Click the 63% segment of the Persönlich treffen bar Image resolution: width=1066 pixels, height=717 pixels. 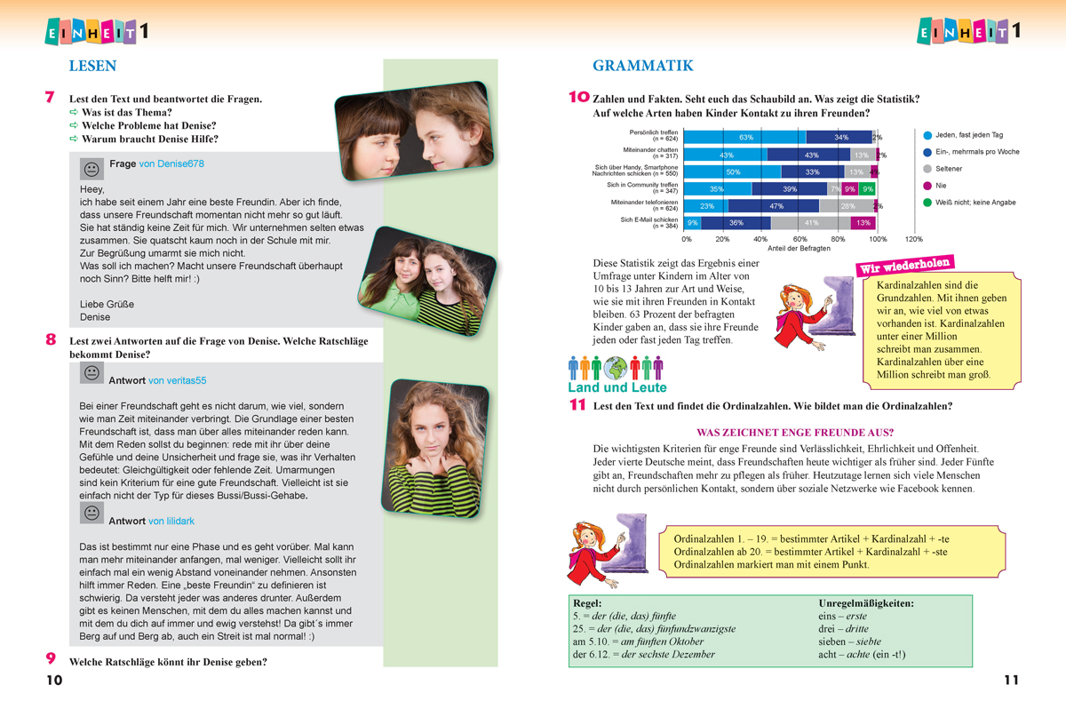coord(746,137)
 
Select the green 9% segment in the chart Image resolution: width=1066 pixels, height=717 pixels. coord(868,189)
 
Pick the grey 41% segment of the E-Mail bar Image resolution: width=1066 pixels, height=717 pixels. coord(811,223)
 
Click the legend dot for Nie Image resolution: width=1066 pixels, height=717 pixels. coord(927,186)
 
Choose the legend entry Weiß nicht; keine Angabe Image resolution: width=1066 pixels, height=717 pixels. coord(975,203)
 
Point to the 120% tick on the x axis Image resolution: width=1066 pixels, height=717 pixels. coord(913,239)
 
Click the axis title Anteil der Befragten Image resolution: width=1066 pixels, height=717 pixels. coord(799,249)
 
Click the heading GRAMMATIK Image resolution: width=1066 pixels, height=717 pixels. coord(642,66)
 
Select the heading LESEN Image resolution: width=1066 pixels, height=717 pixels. coord(92,66)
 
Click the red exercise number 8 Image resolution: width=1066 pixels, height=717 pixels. coord(51,339)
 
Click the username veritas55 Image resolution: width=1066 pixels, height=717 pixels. coord(177,380)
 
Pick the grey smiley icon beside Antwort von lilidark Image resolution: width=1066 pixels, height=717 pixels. coord(91,514)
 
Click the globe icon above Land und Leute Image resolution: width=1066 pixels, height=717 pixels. coord(616,367)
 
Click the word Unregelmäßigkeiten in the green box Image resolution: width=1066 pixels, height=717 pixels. coord(866,603)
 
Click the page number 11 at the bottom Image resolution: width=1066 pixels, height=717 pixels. coord(1011,681)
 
